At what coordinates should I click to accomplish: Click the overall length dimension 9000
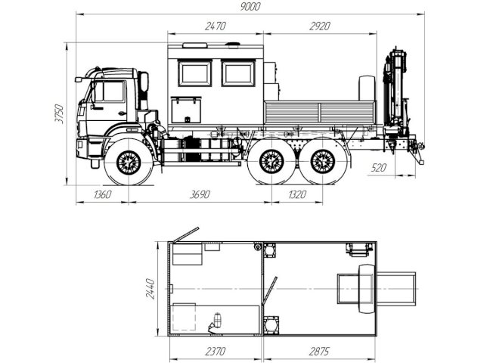[x=250, y=7]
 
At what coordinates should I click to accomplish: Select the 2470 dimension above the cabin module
[x=215, y=26]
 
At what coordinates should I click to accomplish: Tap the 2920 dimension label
[x=320, y=26]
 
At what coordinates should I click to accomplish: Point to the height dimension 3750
[x=59, y=114]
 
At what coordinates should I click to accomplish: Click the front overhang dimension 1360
[x=103, y=194]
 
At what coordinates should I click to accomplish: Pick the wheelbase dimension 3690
[x=200, y=194]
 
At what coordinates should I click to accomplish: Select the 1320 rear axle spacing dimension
[x=297, y=194]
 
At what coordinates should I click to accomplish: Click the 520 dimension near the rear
[x=379, y=168]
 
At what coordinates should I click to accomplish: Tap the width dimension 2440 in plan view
[x=150, y=289]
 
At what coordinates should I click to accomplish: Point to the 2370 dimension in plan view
[x=216, y=351]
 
